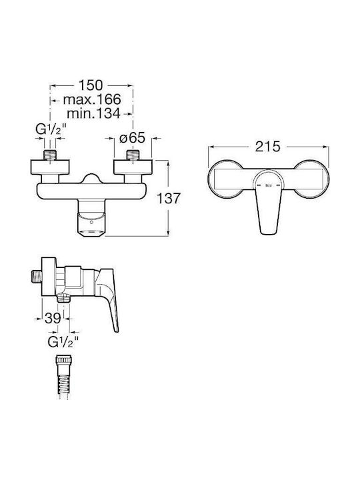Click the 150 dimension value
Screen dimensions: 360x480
[91, 85]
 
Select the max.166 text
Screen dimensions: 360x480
[92, 99]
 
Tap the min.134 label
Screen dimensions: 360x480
[93, 113]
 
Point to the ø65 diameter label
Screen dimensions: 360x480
[132, 138]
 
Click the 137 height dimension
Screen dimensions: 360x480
[169, 199]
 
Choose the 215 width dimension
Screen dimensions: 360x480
[268, 147]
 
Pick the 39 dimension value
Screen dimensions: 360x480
[53, 319]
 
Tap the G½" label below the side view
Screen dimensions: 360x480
[63, 341]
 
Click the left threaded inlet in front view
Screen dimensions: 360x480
[50, 155]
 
